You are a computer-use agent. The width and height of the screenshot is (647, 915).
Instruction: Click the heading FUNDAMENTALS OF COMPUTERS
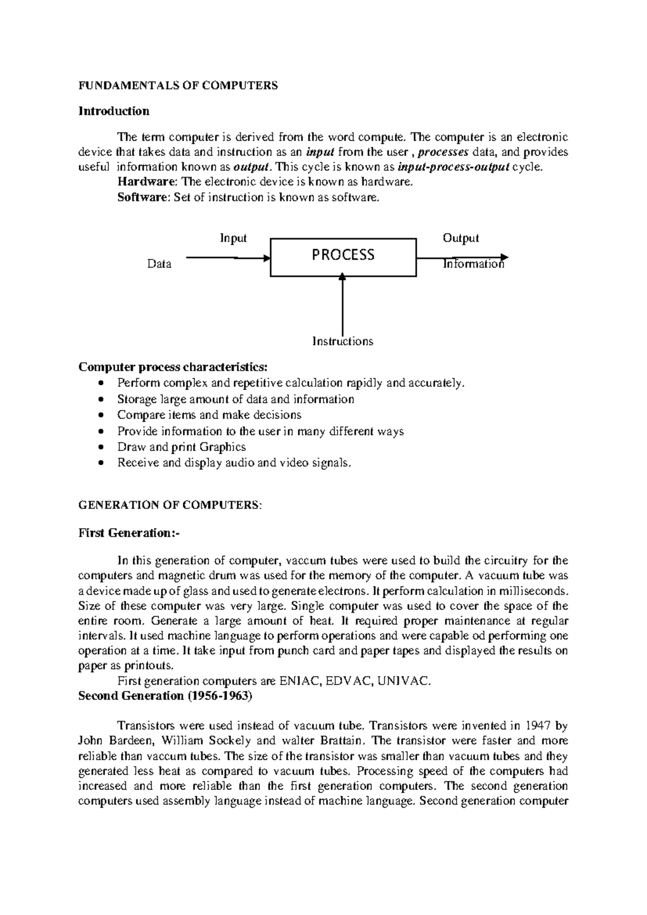coord(178,85)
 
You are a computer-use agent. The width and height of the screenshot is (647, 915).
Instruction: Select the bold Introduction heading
coord(114,111)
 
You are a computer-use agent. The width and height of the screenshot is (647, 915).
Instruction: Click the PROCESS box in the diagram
coord(343,257)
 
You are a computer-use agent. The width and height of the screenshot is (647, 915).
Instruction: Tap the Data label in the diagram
coord(159,264)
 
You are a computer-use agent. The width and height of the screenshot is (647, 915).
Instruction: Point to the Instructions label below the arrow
coord(343,341)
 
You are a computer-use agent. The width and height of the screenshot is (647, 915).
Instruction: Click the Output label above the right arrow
coord(460,238)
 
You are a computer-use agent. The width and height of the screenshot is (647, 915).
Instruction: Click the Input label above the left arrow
coord(233,238)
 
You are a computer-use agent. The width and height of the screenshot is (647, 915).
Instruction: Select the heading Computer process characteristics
coord(173,367)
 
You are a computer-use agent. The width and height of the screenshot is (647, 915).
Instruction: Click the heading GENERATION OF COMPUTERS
coord(170,505)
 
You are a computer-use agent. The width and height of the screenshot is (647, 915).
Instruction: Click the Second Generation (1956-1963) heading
coord(165,696)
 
